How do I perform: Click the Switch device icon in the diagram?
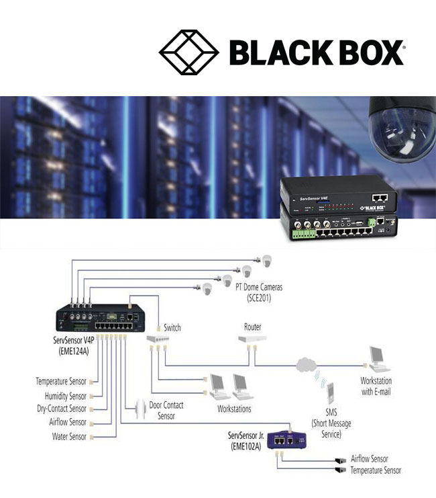point(158,343)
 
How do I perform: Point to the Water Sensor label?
point(70,437)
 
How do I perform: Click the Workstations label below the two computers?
point(234,409)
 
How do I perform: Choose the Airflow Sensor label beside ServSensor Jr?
point(370,459)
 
